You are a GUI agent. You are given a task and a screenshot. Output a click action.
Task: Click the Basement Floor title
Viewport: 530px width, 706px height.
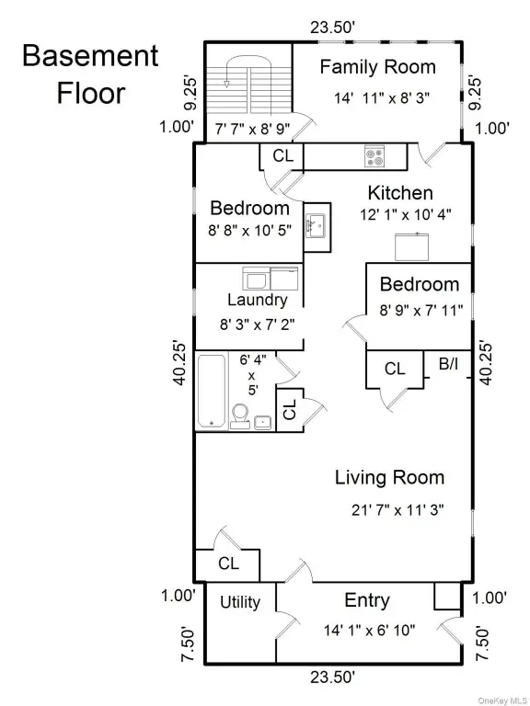(x=89, y=74)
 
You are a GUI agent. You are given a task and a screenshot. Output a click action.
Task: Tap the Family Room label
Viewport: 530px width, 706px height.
(x=377, y=67)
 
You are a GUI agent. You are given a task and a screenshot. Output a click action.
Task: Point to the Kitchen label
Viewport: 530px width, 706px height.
(x=400, y=193)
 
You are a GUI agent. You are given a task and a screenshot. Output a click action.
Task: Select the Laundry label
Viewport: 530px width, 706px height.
(x=257, y=300)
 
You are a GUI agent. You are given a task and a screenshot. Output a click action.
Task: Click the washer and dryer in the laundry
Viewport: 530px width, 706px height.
(x=269, y=278)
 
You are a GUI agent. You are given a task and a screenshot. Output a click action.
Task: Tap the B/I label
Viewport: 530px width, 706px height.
(x=448, y=365)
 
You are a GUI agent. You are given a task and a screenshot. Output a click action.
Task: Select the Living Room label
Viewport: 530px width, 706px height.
(x=389, y=477)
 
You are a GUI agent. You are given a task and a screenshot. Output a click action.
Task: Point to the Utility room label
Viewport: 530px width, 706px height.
(x=239, y=602)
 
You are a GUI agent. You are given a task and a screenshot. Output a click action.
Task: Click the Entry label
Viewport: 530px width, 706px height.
(x=366, y=600)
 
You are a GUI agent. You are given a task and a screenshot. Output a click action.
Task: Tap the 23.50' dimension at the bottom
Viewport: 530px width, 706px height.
(x=331, y=678)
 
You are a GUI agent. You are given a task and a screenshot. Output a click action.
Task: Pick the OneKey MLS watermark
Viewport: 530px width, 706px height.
(x=500, y=697)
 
